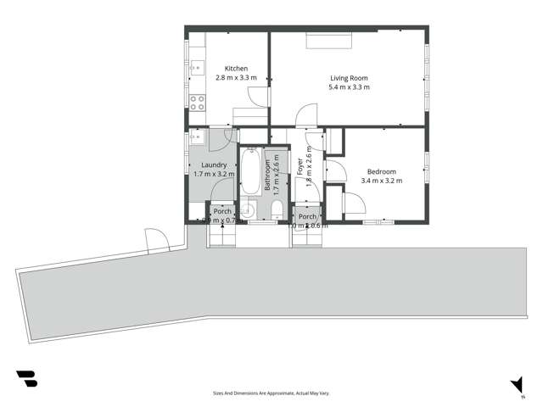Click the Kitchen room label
click(236, 69)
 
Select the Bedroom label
click(381, 171)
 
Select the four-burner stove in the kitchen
click(197, 103)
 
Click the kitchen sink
click(196, 65)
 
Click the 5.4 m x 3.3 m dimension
click(350, 86)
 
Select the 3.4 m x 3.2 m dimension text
click(381, 180)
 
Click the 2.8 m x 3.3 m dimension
click(236, 77)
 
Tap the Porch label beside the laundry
click(222, 211)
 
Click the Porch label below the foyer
click(306, 215)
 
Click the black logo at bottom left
click(26, 378)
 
